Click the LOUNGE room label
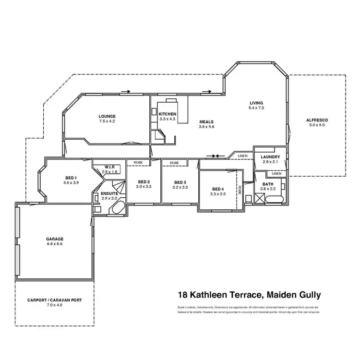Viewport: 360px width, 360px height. tap(107, 116)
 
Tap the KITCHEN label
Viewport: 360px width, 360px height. tap(168, 114)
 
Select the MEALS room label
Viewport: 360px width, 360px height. tap(206, 122)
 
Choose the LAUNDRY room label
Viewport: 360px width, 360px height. tap(270, 157)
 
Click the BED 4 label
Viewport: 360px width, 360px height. tap(217, 189)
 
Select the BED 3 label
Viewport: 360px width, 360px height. tap(180, 182)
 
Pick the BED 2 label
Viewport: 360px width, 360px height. tap(144, 181)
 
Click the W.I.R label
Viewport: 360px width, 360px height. tap(109, 167)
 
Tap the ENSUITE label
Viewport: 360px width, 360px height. tap(109, 193)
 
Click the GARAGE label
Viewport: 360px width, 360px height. tap(55, 239)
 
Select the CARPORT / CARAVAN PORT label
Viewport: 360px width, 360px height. tap(55, 300)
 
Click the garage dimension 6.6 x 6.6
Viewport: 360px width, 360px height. tap(55, 244)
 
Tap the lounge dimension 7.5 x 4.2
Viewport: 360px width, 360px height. tap(107, 121)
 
